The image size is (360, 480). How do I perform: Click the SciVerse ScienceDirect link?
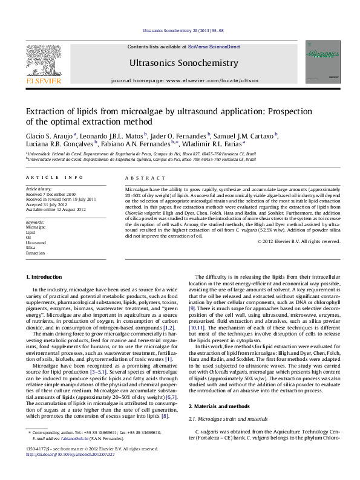[x=214, y=47]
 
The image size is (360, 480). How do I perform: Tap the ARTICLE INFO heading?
[x=54, y=178]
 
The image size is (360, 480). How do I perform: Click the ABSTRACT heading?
[x=140, y=178]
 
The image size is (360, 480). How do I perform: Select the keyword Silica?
[x=30, y=248]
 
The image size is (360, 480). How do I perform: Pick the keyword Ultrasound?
[x=35, y=242]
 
